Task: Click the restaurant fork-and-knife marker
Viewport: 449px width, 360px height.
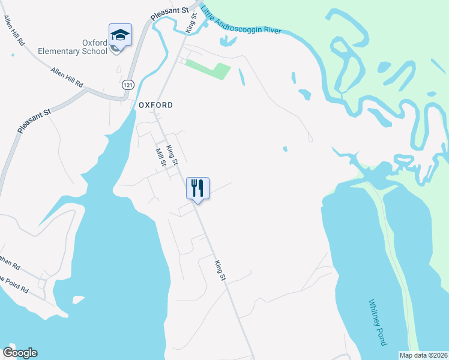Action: point(197,189)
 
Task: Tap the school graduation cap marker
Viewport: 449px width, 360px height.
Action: point(120,35)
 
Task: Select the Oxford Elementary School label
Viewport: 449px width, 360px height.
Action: point(73,47)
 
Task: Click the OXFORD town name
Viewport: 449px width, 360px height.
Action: point(155,105)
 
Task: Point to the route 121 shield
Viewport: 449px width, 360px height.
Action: point(127,86)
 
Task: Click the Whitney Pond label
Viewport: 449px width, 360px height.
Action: point(375,322)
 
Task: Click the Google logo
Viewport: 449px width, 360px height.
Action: point(20,353)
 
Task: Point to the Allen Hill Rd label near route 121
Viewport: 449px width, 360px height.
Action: point(67,77)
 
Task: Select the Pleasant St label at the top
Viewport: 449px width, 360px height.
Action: point(170,13)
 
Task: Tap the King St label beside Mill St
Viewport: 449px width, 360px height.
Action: point(172,155)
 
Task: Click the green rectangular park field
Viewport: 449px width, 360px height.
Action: point(208,68)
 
